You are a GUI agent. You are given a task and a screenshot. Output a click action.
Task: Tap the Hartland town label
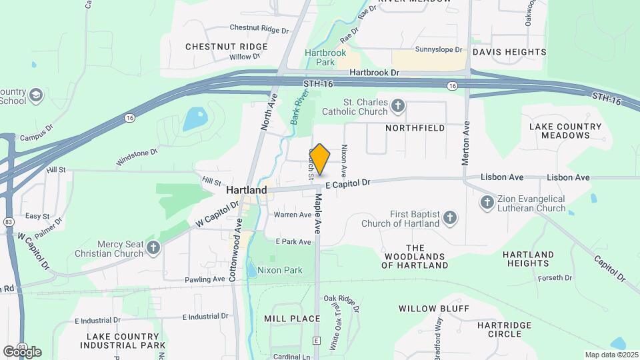(246, 190)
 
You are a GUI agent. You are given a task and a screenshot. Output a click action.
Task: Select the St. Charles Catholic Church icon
(398, 105)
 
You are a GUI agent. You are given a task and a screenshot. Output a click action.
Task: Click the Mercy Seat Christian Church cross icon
(154, 248)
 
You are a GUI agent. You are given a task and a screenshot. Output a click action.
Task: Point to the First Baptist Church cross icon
(451, 218)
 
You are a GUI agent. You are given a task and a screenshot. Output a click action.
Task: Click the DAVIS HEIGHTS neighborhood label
(509, 51)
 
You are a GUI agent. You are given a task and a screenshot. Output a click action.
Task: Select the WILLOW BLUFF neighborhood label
(433, 309)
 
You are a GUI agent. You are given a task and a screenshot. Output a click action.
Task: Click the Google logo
(22, 351)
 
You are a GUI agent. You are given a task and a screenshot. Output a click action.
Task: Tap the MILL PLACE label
(292, 319)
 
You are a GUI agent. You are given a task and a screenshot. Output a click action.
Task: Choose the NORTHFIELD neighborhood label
(415, 127)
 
